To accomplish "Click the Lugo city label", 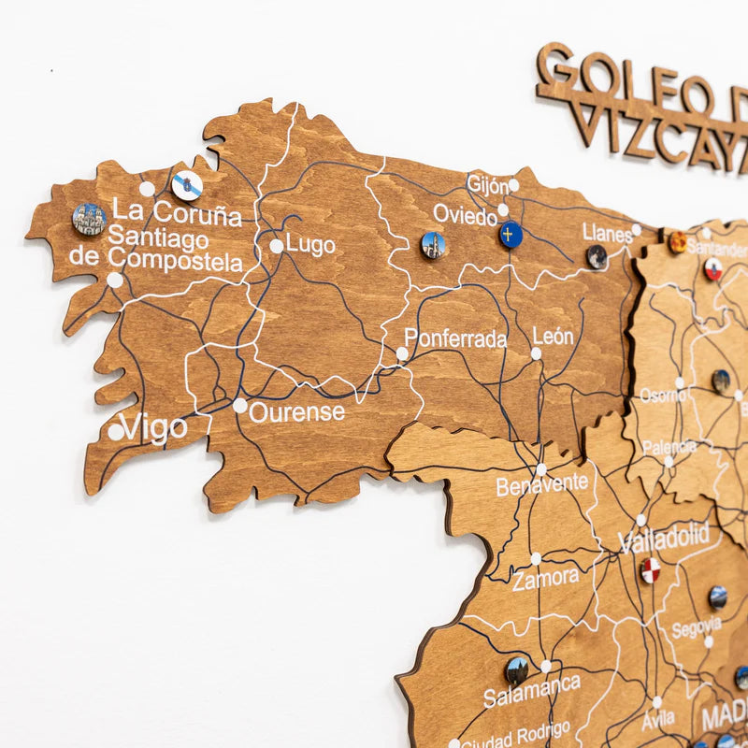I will [x=310, y=244].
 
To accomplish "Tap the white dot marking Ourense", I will [x=240, y=406].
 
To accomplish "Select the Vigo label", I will [x=154, y=428].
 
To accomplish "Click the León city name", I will [x=553, y=336].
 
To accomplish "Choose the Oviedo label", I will [x=465, y=216].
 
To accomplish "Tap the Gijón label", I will [x=487, y=184].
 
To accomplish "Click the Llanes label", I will [x=607, y=232].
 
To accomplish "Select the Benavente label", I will [x=542, y=485].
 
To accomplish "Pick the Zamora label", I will [x=545, y=580].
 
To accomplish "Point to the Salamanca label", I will [x=531, y=691].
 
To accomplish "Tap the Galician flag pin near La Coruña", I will [x=187, y=185].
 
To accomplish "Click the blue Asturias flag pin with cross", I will [x=510, y=234].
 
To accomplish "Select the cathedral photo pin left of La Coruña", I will [x=89, y=219].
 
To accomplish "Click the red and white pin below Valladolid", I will [x=650, y=569].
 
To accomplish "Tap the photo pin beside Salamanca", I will [x=517, y=669].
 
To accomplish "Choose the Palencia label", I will [x=669, y=447].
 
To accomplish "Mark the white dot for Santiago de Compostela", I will [x=114, y=280].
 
